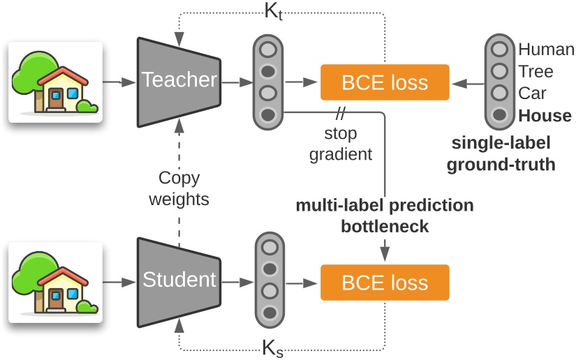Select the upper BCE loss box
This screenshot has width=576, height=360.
pos(383,82)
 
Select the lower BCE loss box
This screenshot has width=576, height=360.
pos(383,283)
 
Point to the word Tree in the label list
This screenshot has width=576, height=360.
pos(536,71)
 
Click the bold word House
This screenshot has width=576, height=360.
pos(545,115)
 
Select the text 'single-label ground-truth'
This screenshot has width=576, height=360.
pos(501,154)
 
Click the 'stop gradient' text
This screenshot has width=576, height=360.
pos(342,143)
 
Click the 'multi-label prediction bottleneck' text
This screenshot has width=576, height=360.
pos(384,216)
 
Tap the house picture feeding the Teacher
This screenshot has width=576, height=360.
pos(55,82)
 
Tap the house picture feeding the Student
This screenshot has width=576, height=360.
pos(55,283)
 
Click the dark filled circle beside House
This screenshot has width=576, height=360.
pos(499,115)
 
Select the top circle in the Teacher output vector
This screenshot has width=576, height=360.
pos(268,49)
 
